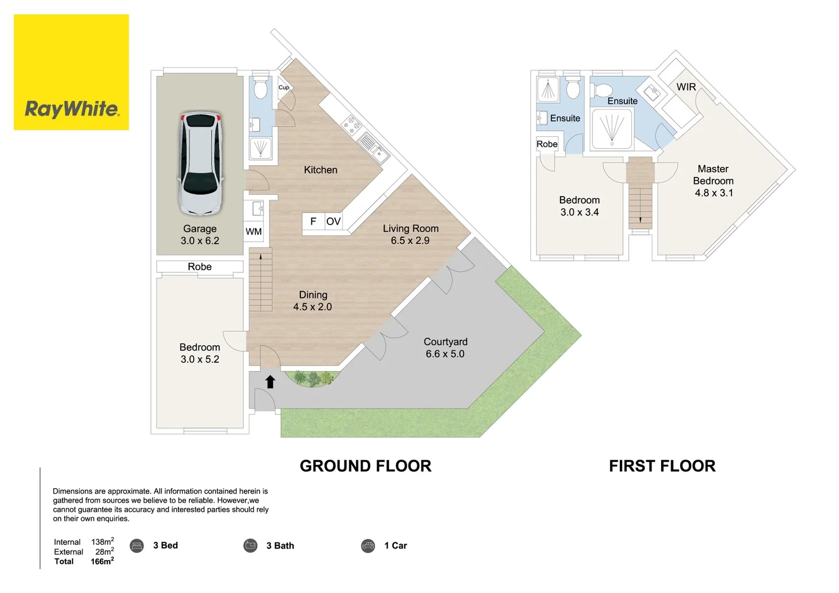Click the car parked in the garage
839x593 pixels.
[x=200, y=163]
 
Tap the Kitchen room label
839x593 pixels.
[x=321, y=170]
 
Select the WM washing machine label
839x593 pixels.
[x=254, y=232]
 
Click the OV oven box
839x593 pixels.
[x=333, y=221]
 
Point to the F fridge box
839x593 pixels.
[x=313, y=221]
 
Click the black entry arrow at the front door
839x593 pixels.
[x=270, y=382]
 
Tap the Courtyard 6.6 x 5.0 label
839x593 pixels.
[x=445, y=348]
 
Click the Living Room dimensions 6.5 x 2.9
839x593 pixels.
[x=410, y=240]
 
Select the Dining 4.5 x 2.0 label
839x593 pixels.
[x=313, y=301]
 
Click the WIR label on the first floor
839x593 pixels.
[x=686, y=87]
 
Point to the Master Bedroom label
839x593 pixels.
[x=713, y=175]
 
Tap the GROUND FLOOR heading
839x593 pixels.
[x=365, y=466]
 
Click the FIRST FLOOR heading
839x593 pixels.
[x=662, y=466]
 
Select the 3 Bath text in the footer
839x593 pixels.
[x=280, y=546]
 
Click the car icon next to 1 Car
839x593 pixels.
[x=368, y=546]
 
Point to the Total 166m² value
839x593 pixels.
[x=102, y=562]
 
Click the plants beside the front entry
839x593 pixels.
[x=312, y=378]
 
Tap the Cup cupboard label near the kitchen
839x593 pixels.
[x=283, y=87]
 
